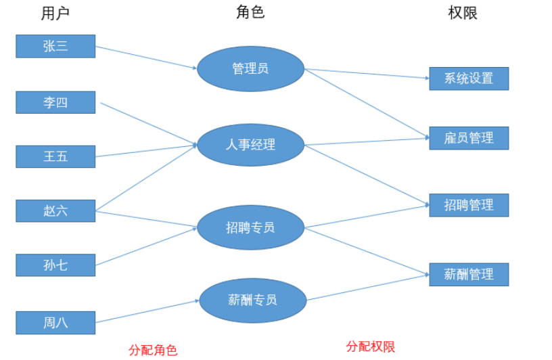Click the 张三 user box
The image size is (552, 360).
pyautogui.click(x=55, y=46)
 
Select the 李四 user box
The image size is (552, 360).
pyautogui.click(x=55, y=103)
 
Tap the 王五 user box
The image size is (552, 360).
pyautogui.click(x=55, y=156)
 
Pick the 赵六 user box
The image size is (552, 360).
pyautogui.click(x=55, y=210)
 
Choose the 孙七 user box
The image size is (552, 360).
pyautogui.click(x=55, y=265)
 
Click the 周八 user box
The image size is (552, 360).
pyautogui.click(x=55, y=323)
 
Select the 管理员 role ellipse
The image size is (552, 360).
pyautogui.click(x=250, y=68)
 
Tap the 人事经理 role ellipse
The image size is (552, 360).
pyautogui.click(x=250, y=144)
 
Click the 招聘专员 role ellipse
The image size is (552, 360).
pyautogui.click(x=250, y=227)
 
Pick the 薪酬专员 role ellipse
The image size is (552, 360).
pyautogui.click(x=252, y=300)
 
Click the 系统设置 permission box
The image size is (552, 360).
pyautogui.click(x=469, y=78)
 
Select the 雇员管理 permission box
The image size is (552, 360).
pyautogui.click(x=469, y=138)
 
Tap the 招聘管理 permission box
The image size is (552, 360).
pyautogui.click(x=469, y=205)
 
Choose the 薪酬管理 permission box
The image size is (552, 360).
pyautogui.click(x=469, y=274)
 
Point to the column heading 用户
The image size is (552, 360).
pyautogui.click(x=55, y=13)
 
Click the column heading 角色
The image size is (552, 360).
pyautogui.click(x=250, y=12)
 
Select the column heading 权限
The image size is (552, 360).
pyautogui.click(x=463, y=13)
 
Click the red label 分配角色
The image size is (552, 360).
pyautogui.click(x=153, y=350)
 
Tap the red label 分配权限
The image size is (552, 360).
pyautogui.click(x=371, y=346)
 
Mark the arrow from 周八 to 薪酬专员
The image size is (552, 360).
pyautogui.click(x=147, y=311)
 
